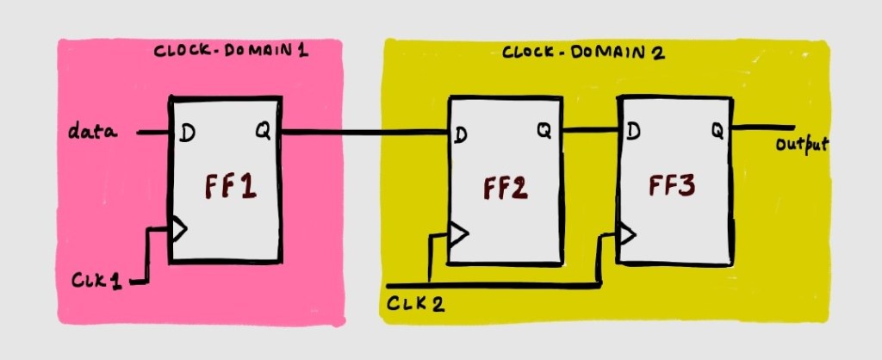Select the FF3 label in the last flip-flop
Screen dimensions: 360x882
tap(673, 187)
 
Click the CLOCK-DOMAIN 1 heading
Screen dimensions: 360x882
tap(231, 50)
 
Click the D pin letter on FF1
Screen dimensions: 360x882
tap(188, 133)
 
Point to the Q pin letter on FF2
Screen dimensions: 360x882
tap(544, 131)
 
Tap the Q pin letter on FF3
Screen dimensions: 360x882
tap(716, 131)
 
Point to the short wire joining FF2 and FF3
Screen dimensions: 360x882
tap(593, 131)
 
